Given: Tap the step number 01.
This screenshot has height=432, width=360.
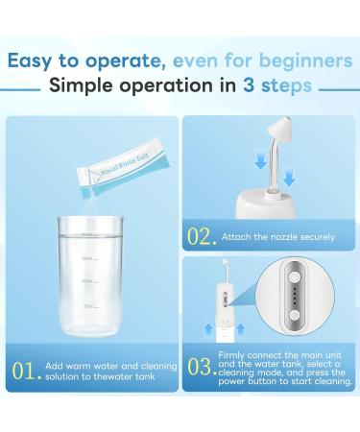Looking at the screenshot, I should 23,371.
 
